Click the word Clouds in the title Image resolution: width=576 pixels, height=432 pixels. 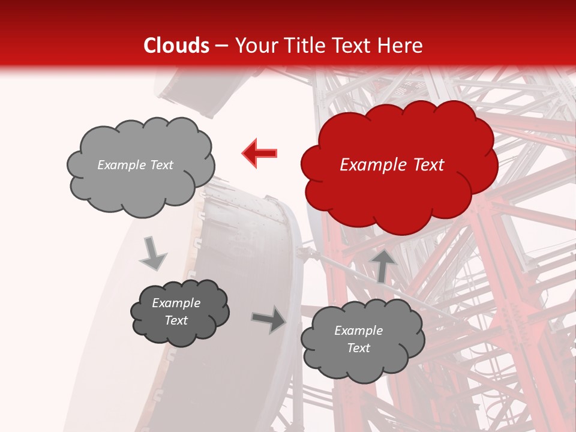tap(176, 46)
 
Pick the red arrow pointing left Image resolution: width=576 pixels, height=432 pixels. tap(260, 153)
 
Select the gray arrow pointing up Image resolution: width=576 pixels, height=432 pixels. tap(383, 265)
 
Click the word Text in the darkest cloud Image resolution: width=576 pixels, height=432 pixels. tap(176, 320)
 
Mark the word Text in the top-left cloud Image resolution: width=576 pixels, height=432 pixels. tap(161, 165)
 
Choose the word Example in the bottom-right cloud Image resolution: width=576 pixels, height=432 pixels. tap(358, 331)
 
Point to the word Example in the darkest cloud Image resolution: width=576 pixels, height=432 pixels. tap(176, 303)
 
